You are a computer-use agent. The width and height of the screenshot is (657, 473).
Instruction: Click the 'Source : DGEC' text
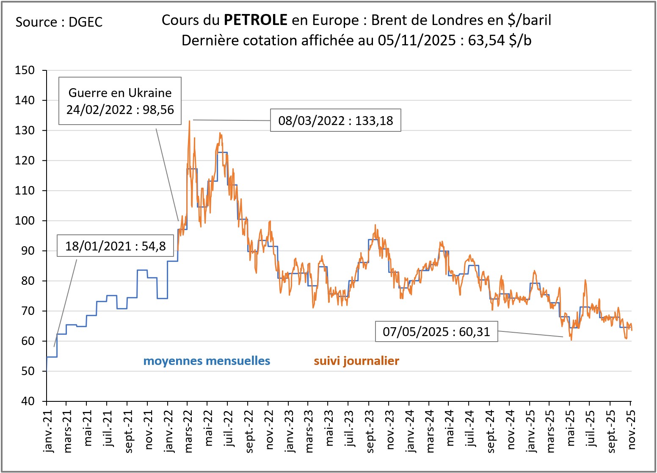[59, 22]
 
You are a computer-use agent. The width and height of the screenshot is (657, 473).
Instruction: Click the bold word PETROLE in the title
[255, 19]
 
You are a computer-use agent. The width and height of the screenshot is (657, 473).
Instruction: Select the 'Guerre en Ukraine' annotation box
[120, 101]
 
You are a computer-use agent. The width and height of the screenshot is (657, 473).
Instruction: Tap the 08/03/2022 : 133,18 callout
[335, 121]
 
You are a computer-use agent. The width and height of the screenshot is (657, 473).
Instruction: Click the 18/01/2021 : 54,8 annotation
[115, 246]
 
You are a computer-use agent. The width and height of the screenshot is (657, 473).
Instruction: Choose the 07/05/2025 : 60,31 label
[436, 331]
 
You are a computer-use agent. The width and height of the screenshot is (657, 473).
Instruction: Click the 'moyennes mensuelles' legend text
[207, 361]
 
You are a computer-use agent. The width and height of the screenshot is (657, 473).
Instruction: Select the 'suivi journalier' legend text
[356, 361]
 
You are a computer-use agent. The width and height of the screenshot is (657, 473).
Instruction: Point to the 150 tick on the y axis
[25, 70]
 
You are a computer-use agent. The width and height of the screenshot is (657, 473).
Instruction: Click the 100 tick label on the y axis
[25, 221]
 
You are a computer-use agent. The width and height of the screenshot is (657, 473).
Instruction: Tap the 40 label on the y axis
[28, 401]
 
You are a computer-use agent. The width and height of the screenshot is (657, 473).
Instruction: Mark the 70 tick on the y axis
[28, 311]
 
